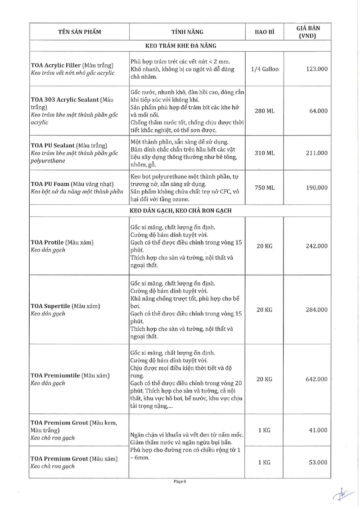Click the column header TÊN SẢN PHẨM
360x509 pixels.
[80, 32]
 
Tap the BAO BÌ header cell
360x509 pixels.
[265, 32]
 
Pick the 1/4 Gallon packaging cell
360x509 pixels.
[265, 69]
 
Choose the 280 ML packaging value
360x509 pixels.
[265, 111]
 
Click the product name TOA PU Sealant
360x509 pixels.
[52, 146]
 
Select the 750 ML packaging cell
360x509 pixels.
[265, 187]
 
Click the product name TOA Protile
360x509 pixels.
[47, 242]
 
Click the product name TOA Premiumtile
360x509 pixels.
[56, 375]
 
